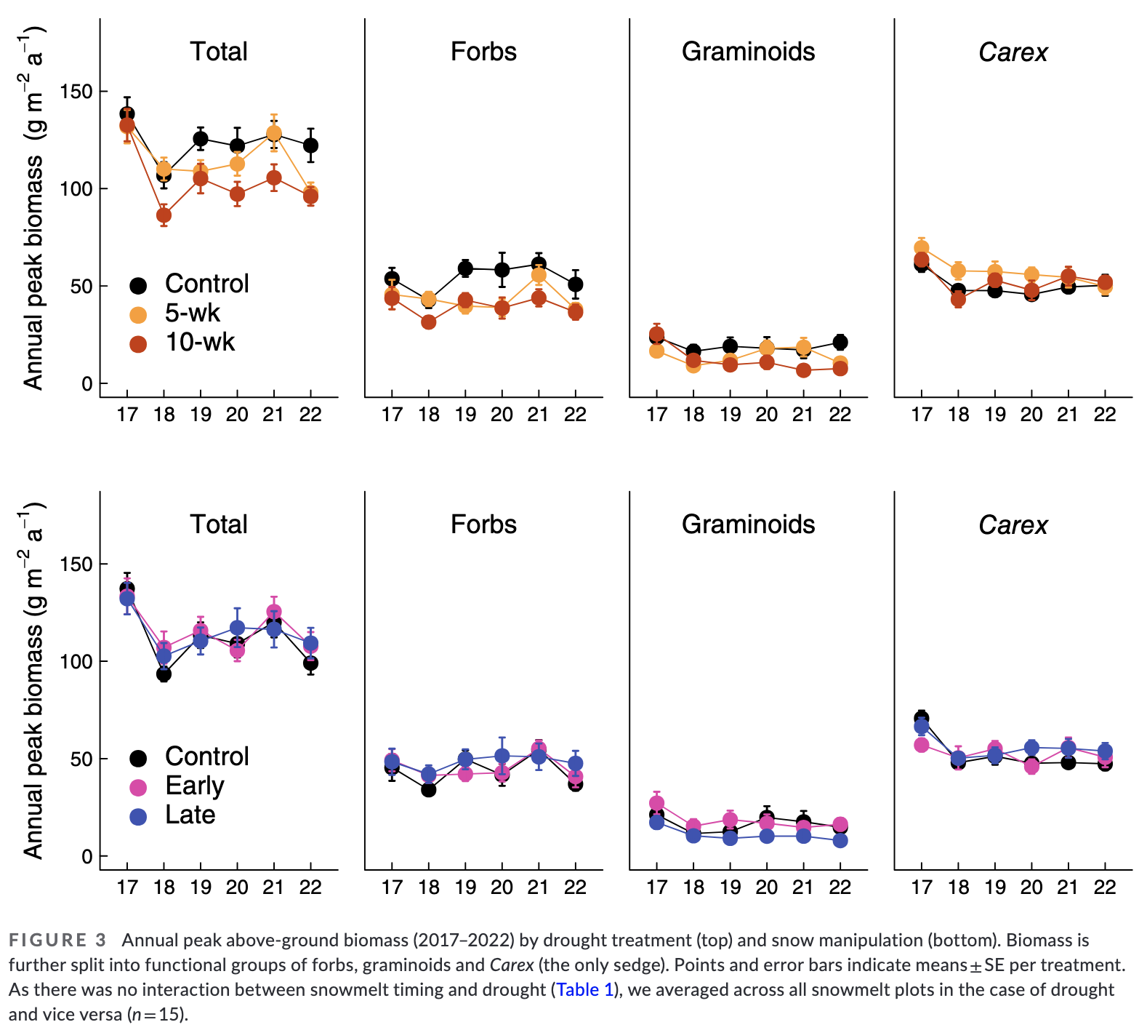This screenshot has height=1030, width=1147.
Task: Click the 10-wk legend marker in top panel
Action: [x=138, y=344]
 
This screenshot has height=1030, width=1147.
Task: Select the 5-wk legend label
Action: [x=192, y=313]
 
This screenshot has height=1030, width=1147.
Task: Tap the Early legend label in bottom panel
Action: [x=194, y=786]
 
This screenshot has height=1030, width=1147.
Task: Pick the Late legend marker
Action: [x=138, y=817]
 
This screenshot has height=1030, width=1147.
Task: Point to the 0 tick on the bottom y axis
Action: [x=87, y=856]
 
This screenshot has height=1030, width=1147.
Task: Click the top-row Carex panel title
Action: [x=1013, y=52]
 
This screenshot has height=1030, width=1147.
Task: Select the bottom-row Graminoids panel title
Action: [x=748, y=524]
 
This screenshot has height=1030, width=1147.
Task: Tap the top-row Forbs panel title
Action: [x=483, y=52]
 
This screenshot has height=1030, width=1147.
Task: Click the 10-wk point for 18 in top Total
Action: [x=164, y=215]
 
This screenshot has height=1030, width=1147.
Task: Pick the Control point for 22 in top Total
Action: [x=310, y=145]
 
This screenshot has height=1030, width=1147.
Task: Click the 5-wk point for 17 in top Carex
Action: [x=922, y=248]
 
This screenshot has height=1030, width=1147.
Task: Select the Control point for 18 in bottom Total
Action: [x=164, y=674]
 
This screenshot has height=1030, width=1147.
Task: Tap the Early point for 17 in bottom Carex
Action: [x=922, y=745]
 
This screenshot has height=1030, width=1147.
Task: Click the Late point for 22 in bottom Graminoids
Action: [x=840, y=840]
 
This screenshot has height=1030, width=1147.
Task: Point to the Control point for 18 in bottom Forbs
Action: [x=429, y=789]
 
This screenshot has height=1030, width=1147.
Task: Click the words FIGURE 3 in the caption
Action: [x=57, y=941]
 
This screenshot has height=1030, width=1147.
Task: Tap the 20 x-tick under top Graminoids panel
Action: [x=767, y=415]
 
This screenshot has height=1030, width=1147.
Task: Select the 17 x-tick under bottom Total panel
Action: [x=127, y=887]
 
